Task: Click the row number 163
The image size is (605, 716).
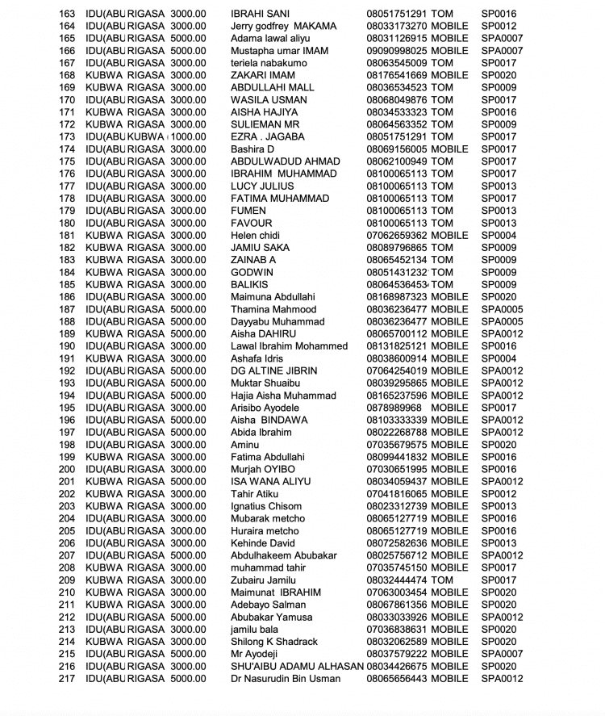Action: coord(67,14)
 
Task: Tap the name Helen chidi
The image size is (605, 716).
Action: coord(256,236)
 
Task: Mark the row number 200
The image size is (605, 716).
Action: coord(67,470)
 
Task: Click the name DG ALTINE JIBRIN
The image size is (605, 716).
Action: coord(273,371)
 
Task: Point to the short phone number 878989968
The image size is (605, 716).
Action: coord(392,408)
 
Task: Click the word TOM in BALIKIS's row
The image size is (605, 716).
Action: coord(442,285)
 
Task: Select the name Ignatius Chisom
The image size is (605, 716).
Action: coord(266,507)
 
